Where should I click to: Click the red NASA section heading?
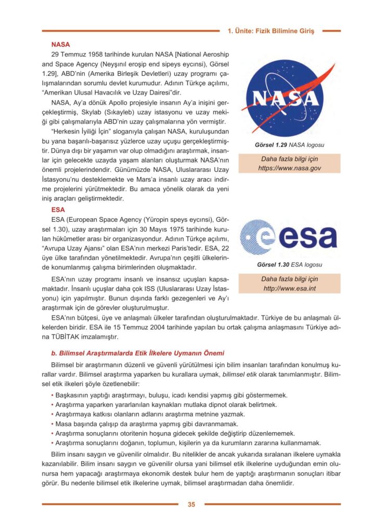pos(61,45)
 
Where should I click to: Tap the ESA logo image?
pos(288,238)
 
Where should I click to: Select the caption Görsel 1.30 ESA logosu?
pos(289,264)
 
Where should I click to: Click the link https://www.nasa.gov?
pos(289,168)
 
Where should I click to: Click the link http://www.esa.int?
pos(289,288)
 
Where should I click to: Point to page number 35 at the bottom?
pos(191,504)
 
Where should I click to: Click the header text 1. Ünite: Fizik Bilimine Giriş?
pos(271,31)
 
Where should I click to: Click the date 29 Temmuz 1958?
pos(77,55)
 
